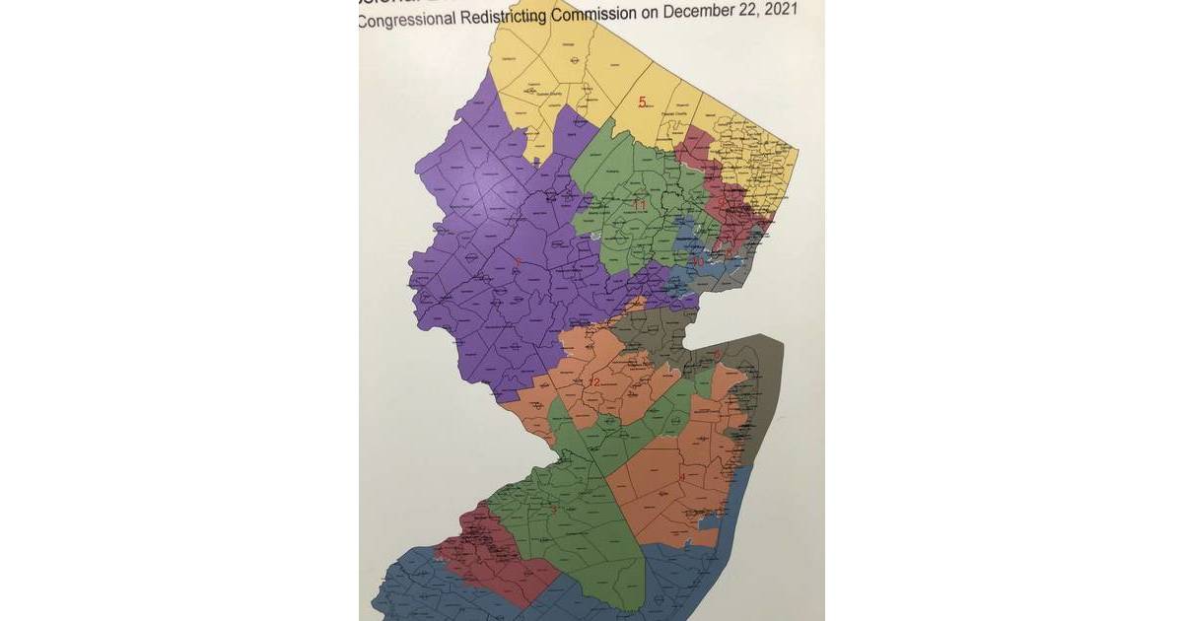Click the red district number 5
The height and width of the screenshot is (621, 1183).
coord(642,102)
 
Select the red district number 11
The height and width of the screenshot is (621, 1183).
coord(639,205)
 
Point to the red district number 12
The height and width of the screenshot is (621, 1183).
coord(593,382)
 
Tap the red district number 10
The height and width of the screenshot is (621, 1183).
coord(697,262)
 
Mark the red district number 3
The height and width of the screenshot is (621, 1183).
coord(553,510)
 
